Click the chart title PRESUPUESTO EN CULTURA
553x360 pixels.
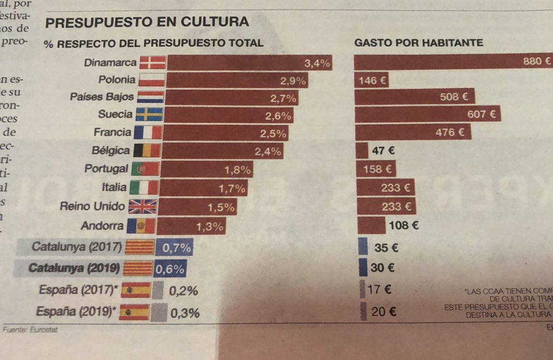click(x=147, y=22)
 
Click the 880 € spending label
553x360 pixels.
click(x=537, y=62)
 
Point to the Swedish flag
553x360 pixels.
click(x=149, y=114)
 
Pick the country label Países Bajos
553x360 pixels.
click(x=102, y=97)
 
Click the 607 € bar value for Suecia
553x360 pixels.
click(x=481, y=115)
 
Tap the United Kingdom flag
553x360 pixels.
click(x=142, y=206)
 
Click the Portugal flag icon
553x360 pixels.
click(x=145, y=169)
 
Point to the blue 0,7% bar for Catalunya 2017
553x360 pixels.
click(x=174, y=248)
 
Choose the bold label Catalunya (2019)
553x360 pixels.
click(x=74, y=268)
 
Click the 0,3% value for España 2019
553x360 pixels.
click(x=184, y=313)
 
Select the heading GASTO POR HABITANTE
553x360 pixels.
click(x=419, y=43)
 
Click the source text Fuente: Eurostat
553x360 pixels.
click(x=30, y=330)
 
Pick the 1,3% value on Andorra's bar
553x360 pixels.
click(x=209, y=225)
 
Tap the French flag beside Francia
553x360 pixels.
click(x=148, y=133)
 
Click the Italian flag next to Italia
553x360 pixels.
click(x=144, y=188)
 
